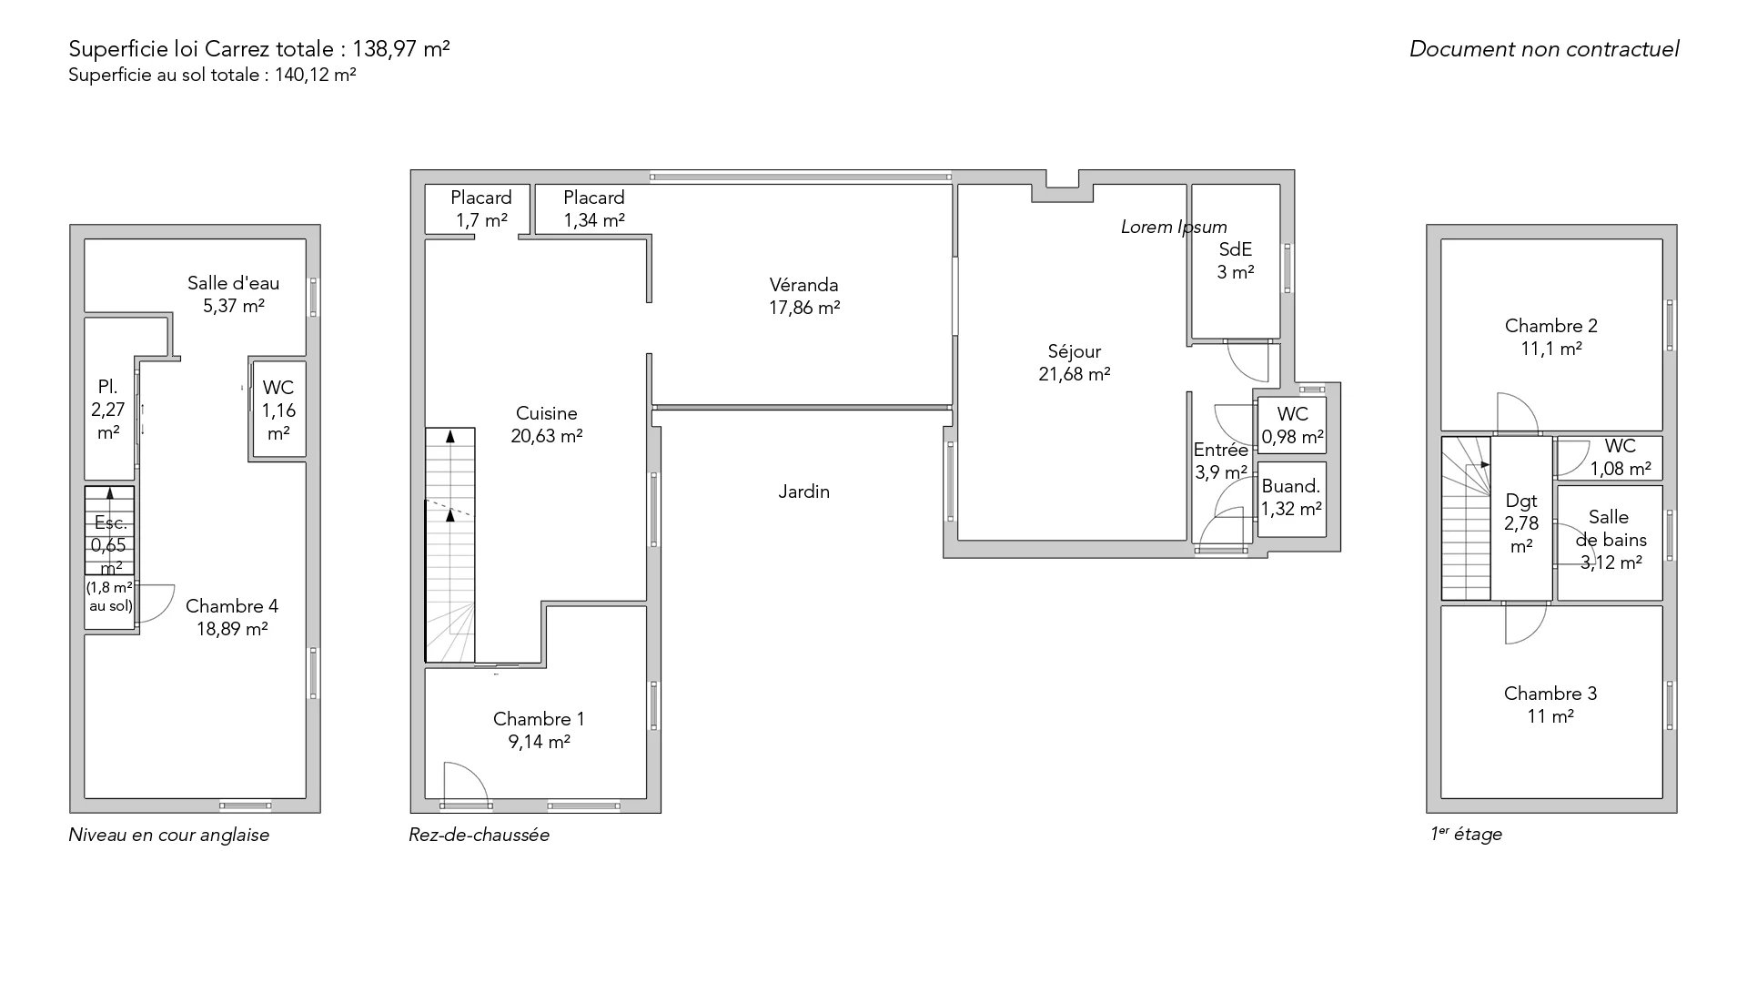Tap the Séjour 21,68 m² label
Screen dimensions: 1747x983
click(x=1075, y=362)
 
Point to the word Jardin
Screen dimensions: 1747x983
click(x=804, y=491)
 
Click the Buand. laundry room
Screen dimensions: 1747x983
click(x=1291, y=498)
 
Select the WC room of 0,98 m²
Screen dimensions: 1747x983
click(x=1292, y=425)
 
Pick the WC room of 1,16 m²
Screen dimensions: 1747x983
click(x=278, y=410)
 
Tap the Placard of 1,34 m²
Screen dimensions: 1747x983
click(x=593, y=208)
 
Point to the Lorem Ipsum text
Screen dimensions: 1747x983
click(x=1174, y=227)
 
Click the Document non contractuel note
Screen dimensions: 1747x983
click(x=1544, y=49)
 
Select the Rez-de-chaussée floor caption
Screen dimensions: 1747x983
click(x=480, y=835)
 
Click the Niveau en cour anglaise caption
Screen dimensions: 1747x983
click(x=169, y=835)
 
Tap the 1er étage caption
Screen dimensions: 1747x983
click(x=1466, y=834)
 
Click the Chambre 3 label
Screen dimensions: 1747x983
click(x=1550, y=704)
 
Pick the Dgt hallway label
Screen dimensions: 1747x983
click(x=1521, y=523)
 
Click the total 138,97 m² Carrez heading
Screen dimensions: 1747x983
click(x=259, y=49)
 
